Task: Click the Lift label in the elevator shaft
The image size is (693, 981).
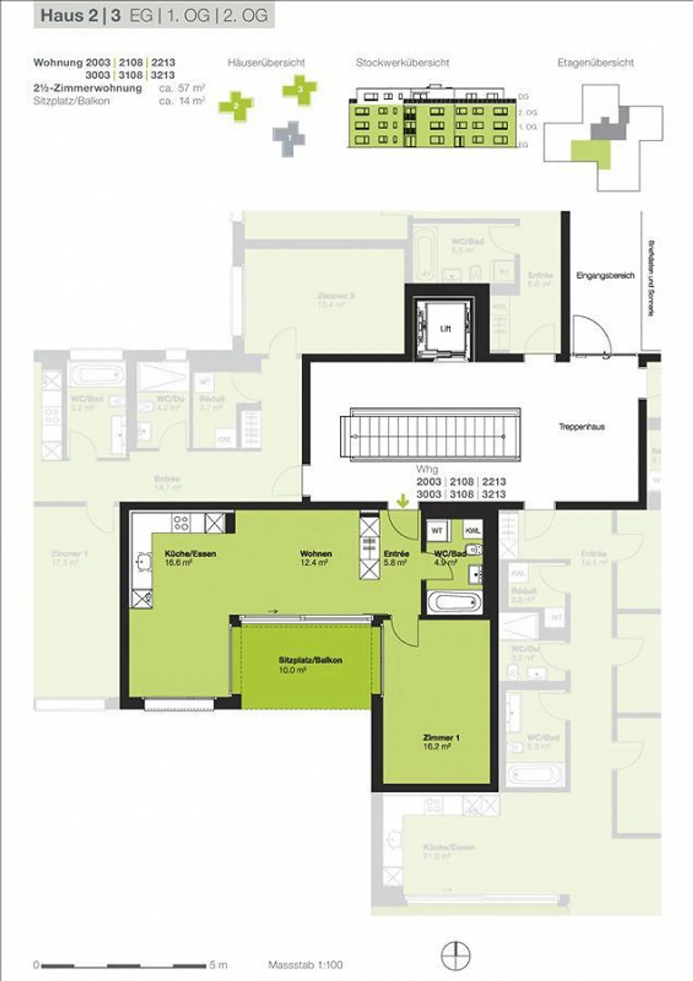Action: (445, 329)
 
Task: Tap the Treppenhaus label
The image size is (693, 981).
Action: (581, 427)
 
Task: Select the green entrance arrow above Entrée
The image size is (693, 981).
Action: (403, 501)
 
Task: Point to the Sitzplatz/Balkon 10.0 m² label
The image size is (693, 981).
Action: (310, 664)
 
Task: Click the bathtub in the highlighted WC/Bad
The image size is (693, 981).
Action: (454, 602)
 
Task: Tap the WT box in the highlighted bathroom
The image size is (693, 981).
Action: (437, 531)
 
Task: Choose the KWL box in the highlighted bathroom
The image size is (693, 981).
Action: (473, 531)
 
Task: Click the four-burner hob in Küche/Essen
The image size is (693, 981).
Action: (181, 523)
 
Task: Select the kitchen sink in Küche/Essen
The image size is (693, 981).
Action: (143, 562)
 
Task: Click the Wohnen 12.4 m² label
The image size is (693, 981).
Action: (315, 558)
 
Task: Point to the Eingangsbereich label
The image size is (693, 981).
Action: (605, 276)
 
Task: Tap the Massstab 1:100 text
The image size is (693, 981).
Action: (305, 965)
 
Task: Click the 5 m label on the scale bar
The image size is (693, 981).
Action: (218, 965)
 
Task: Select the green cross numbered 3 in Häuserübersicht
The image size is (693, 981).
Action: (300, 89)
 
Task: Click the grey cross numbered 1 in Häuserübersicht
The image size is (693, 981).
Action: (289, 138)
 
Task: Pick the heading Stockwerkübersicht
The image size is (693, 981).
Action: (402, 63)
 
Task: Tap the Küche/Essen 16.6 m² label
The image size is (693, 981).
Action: (190, 558)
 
